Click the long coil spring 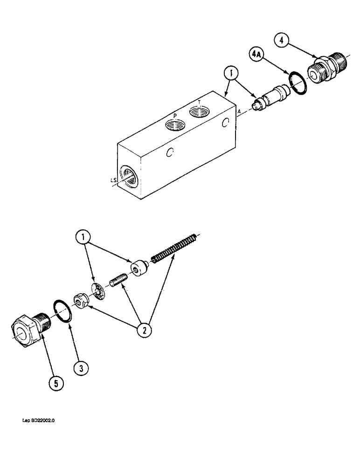(174, 247)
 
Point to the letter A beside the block (239, 112)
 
